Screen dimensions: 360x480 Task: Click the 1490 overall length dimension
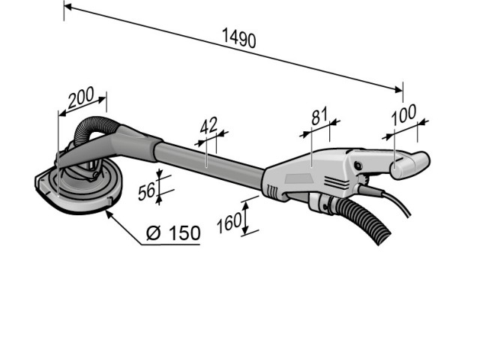239,37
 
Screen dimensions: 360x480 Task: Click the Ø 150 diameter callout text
173,232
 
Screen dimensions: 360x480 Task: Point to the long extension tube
210,160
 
